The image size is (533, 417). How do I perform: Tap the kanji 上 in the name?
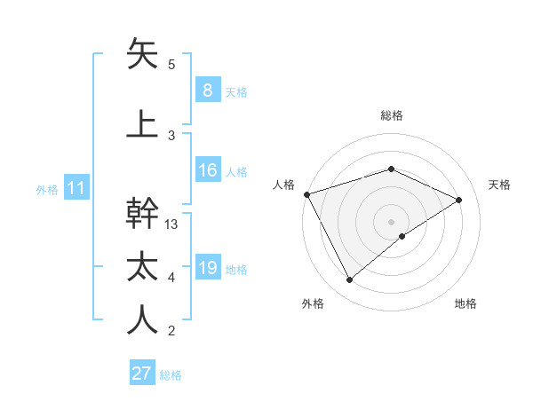coord(142,123)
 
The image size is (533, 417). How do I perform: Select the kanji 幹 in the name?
coord(142,214)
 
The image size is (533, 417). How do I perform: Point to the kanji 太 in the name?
coord(142,268)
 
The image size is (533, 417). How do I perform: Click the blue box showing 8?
coord(207,90)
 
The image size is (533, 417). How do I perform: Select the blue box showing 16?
coord(207,171)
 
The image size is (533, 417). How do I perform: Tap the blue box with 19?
coord(207,269)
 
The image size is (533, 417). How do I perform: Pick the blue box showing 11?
coord(76,188)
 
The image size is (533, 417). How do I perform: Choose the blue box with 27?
coord(142,374)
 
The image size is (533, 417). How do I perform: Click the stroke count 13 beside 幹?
coord(172,224)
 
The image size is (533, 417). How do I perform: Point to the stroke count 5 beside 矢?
coord(171,65)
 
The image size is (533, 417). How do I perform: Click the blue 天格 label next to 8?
coord(236,91)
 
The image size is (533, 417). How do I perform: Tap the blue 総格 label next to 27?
coord(171,374)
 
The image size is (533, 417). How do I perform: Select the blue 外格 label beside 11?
coord(47,189)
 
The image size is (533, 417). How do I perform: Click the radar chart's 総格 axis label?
coord(391,115)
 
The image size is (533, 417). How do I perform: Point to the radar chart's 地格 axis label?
coord(465,304)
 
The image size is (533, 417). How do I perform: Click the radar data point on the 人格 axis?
coord(306,194)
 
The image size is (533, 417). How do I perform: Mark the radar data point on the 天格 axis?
coord(459,200)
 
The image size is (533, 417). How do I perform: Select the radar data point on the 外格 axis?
coord(349,280)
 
